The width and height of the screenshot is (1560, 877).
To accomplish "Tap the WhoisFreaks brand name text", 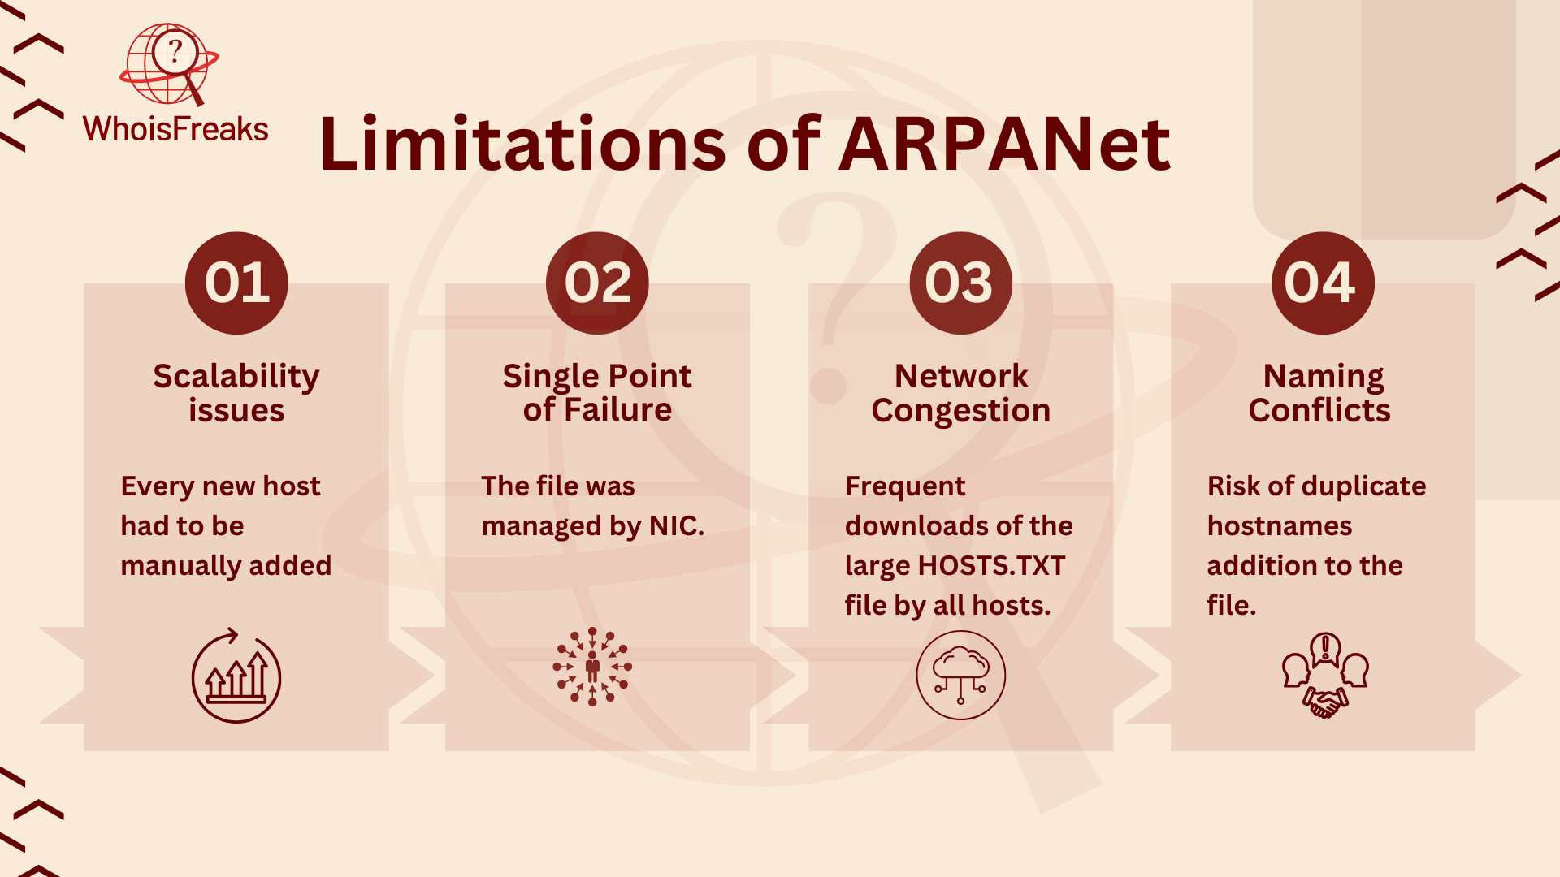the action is [175, 129].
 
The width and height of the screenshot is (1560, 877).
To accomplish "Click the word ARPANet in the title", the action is [1004, 145].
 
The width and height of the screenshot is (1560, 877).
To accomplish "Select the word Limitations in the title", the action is [522, 144].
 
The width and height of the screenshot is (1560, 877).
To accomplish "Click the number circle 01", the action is [236, 283].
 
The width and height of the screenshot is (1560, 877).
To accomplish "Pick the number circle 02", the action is [597, 283].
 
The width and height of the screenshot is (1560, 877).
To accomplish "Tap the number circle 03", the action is [960, 283].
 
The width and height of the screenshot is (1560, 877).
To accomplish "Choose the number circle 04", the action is [1323, 283].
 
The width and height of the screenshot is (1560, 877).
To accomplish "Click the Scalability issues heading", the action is [236, 393].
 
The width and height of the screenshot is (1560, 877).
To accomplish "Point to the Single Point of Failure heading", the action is [597, 393].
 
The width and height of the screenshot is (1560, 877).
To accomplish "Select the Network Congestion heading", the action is [961, 393].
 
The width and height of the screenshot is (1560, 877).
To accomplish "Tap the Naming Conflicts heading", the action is [1320, 393].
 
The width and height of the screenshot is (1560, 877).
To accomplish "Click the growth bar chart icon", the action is [236, 676].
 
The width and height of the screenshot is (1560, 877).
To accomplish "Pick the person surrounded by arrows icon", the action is [592, 667].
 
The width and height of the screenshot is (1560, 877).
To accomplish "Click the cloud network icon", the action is [960, 675].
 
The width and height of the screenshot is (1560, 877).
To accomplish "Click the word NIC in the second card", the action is [677, 526].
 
